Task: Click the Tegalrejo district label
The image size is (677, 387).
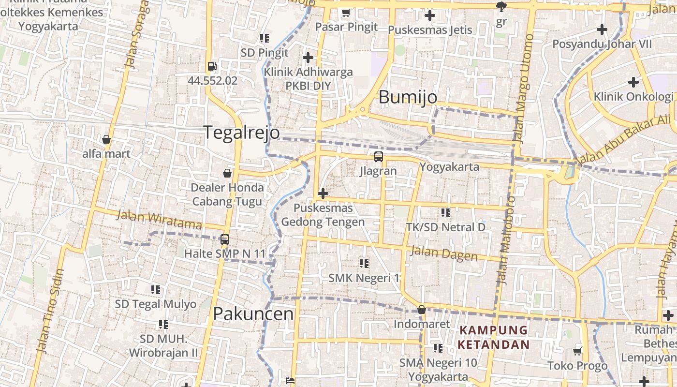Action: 241,132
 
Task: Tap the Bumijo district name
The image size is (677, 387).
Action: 408,97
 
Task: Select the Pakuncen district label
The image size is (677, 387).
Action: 253,314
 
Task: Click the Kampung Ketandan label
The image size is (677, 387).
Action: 493,337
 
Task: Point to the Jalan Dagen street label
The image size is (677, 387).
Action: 443,253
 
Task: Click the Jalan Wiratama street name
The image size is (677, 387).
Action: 159,220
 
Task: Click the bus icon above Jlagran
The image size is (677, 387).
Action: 378,157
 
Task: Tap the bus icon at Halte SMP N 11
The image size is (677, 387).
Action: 225,239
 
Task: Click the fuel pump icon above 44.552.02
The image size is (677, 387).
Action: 212,66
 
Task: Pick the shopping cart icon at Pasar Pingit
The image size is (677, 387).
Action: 346,13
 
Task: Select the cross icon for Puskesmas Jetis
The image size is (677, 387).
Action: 429,16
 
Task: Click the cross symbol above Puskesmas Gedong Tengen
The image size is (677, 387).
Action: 323,194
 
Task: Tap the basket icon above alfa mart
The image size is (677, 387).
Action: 106,140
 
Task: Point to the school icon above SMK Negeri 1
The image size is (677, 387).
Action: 364,264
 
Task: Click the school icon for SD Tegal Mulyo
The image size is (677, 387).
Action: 155,290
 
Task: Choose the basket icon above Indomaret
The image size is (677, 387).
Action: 422,310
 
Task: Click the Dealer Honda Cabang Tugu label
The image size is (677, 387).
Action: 227,194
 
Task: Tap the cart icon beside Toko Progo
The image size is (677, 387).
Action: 577,351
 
